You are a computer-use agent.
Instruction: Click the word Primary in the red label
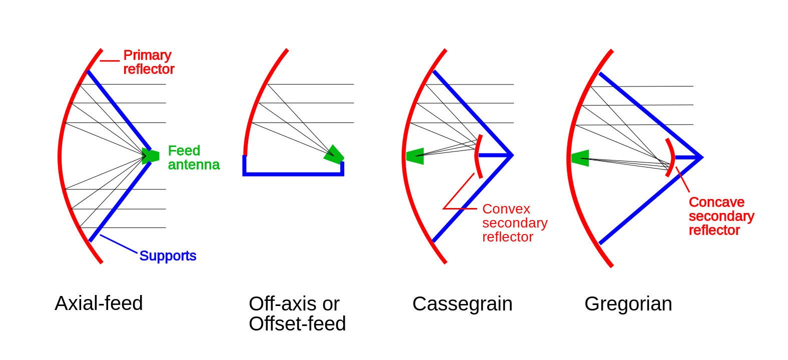147,54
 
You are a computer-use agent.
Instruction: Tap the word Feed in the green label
184,150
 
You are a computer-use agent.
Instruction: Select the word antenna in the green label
194,164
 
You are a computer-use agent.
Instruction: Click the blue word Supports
168,255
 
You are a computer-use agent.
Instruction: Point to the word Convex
506,209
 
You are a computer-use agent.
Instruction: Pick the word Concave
716,202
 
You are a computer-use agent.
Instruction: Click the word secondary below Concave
721,216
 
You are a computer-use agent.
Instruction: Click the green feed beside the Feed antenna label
150,156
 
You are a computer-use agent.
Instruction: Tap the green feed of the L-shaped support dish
333,154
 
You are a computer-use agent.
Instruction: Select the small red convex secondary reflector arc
478,156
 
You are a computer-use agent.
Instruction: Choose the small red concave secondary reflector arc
671,157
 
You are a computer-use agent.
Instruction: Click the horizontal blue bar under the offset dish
293,174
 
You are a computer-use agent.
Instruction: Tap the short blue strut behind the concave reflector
687,157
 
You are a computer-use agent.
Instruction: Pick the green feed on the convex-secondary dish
415,156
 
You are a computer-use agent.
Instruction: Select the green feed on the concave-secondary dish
580,158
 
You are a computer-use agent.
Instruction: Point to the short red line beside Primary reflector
110,61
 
